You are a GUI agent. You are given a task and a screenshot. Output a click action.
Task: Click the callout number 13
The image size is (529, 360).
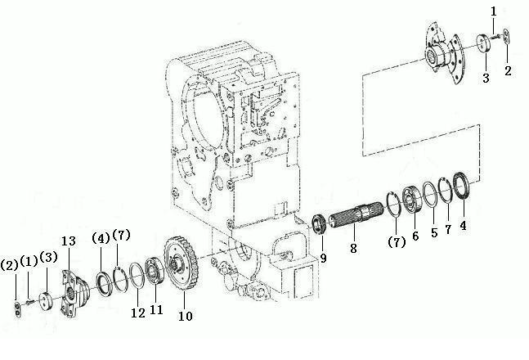pyautogui.click(x=69, y=241)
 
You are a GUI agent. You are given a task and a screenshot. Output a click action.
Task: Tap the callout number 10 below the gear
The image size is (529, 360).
pyautogui.click(x=186, y=316)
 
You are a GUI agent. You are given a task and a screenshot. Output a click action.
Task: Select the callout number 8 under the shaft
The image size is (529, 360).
pyautogui.click(x=353, y=249)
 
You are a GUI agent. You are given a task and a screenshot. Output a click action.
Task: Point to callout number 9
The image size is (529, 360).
pyautogui.click(x=323, y=259)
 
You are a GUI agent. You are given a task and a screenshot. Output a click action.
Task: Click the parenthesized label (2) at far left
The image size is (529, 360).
pyautogui.click(x=9, y=265)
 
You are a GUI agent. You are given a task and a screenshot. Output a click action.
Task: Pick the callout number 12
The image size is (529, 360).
pyautogui.click(x=138, y=313)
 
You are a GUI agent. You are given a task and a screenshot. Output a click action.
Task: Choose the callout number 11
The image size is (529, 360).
pyautogui.click(x=156, y=309)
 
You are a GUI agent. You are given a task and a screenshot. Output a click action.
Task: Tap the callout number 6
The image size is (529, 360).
pyautogui.click(x=415, y=236)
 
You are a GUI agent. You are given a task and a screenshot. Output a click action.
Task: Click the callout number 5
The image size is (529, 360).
pyautogui.click(x=434, y=232)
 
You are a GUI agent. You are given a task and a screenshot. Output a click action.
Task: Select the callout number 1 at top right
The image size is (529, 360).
pyautogui.click(x=494, y=11)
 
